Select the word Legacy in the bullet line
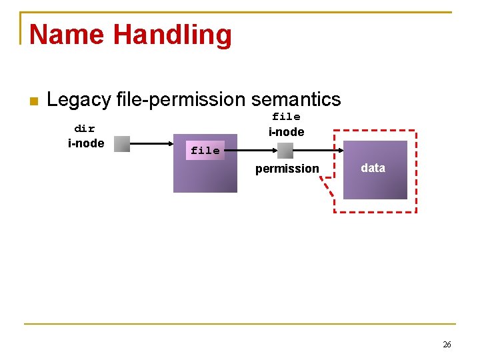(79, 100)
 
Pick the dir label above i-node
(85, 129)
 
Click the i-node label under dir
(86, 143)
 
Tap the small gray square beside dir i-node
(122, 144)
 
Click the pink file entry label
(205, 151)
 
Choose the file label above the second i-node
(286, 117)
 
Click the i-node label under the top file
(286, 132)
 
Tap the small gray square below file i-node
(285, 151)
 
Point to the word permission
(287, 169)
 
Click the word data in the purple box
(373, 168)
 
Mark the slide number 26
(447, 345)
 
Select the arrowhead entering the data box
(340, 151)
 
